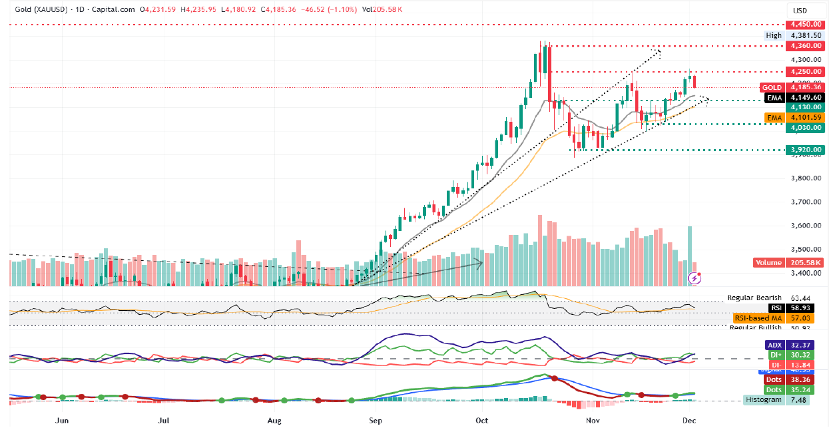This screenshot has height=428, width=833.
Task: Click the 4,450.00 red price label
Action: pos(806,24)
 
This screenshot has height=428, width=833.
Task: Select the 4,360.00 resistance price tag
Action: pos(806,46)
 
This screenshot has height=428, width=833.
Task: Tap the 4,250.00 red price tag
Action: pos(806,72)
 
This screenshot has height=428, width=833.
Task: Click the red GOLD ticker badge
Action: pos(772,88)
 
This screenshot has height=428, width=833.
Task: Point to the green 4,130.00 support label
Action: pos(806,107)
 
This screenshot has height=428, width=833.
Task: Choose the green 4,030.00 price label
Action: pos(806,128)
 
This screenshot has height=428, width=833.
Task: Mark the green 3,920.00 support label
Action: pos(806,150)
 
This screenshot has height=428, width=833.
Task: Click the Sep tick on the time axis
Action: pos(375,421)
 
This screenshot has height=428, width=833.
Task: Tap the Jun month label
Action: pos(62,421)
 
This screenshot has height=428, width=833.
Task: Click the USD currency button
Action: pos(798,11)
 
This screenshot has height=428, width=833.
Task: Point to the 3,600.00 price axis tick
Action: pos(806,226)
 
